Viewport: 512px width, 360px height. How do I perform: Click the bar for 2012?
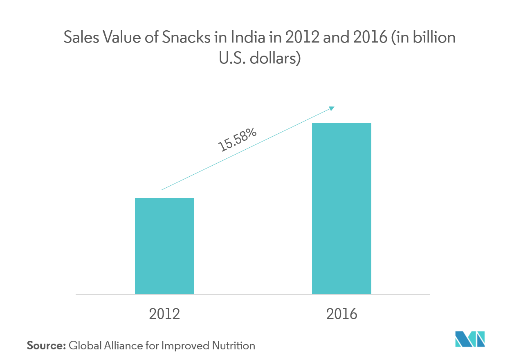(x=164, y=246)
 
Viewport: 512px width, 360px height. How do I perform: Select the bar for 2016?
(x=341, y=208)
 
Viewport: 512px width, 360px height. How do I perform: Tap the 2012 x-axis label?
(x=164, y=314)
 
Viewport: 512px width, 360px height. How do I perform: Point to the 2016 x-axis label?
(x=341, y=314)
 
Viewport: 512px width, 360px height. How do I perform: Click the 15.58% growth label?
(x=237, y=139)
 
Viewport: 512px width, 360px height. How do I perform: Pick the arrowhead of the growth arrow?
(x=332, y=108)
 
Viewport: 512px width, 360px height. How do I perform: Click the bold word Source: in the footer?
(x=46, y=346)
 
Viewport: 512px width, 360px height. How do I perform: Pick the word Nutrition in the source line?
(x=234, y=346)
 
